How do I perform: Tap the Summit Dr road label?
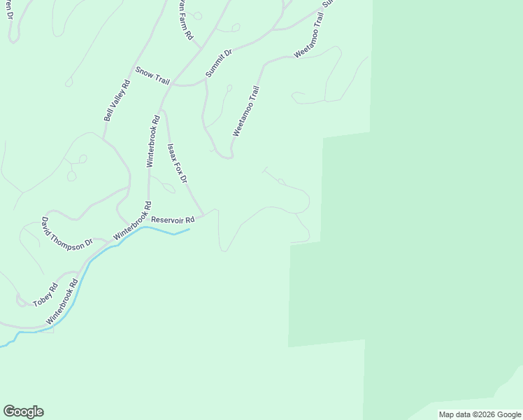pos(218,63)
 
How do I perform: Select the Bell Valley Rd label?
pos(117,101)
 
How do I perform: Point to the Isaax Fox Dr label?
pos(177,164)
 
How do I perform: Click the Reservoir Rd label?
pos(172,219)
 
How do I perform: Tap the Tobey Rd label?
pos(45,295)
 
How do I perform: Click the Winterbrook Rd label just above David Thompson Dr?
pos(132,221)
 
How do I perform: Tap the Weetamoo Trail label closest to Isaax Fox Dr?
pos(246,111)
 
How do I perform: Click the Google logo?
pos(23,412)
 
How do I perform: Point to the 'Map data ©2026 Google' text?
pos(479,414)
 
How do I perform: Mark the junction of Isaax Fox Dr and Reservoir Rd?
pos(203,213)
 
